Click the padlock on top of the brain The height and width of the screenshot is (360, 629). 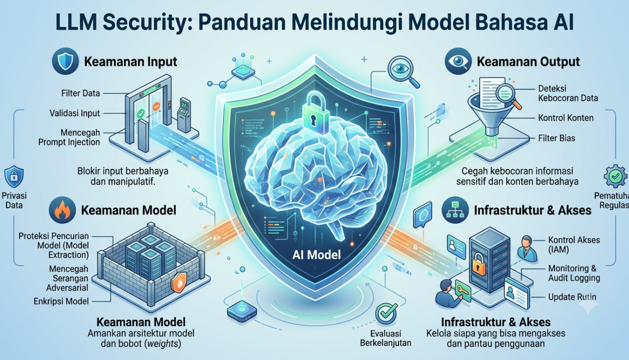[316, 113]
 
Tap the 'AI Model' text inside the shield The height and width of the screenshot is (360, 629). [316, 255]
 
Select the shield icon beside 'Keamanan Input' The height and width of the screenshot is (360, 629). [65, 61]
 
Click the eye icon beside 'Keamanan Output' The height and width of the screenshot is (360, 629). [458, 61]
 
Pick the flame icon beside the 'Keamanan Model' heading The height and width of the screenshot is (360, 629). [62, 210]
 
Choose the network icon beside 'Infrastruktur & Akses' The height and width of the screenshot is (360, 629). [455, 210]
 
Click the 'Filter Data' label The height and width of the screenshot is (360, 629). [81, 93]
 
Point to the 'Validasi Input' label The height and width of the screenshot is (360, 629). [74, 113]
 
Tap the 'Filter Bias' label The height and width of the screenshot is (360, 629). [557, 138]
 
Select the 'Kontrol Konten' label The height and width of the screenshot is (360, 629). [566, 118]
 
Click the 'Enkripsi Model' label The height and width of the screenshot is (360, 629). [61, 301]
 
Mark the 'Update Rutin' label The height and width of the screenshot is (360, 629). [572, 297]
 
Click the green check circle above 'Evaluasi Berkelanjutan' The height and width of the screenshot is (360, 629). [386, 314]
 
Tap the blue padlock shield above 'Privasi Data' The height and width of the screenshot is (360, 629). [14, 177]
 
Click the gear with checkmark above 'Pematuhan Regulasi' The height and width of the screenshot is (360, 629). [615, 177]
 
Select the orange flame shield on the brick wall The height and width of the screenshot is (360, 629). [179, 282]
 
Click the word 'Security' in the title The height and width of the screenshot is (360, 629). [145, 22]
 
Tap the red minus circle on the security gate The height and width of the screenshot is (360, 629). [156, 106]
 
